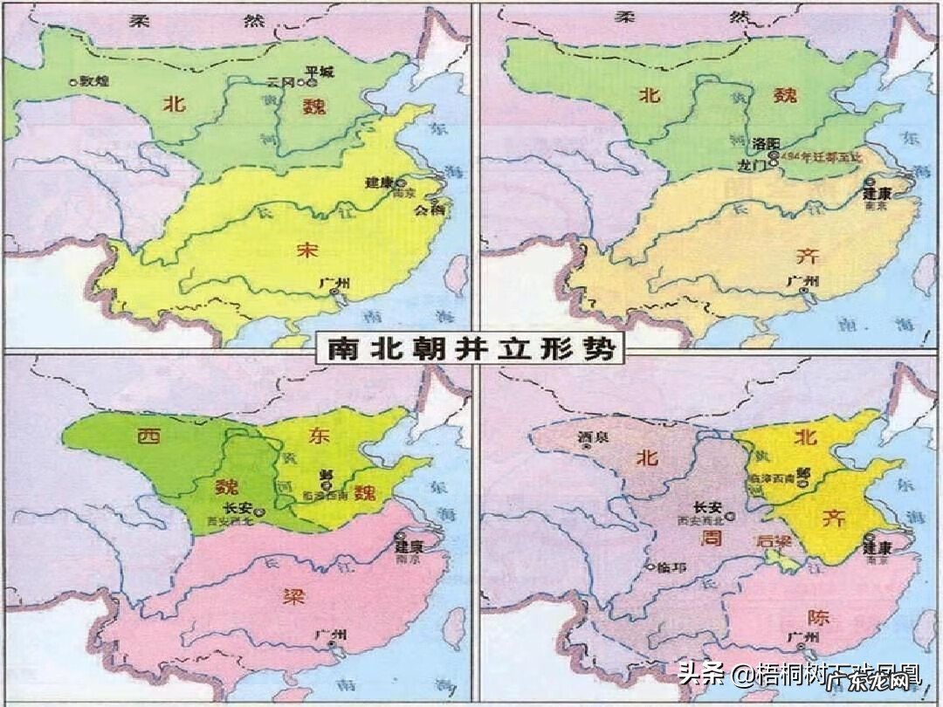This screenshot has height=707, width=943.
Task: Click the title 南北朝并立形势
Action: coord(471,349)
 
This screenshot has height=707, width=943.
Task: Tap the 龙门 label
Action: coord(728,163)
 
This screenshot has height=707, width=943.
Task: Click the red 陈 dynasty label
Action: coord(818,616)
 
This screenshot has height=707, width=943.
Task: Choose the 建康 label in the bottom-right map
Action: coord(876,549)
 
